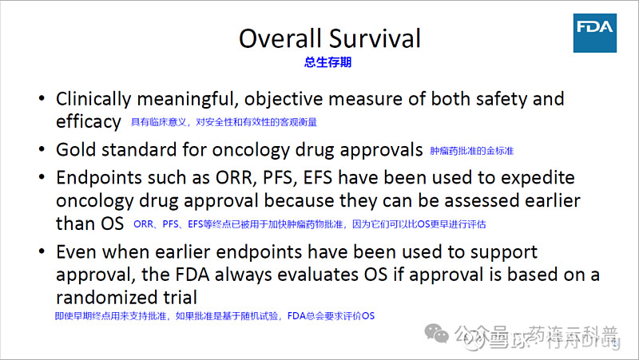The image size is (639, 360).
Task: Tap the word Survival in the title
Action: click(375, 38)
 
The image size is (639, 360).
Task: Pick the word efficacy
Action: click(88, 121)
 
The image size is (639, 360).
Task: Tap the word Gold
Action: click(75, 149)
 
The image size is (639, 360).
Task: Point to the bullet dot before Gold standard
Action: click(42, 149)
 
